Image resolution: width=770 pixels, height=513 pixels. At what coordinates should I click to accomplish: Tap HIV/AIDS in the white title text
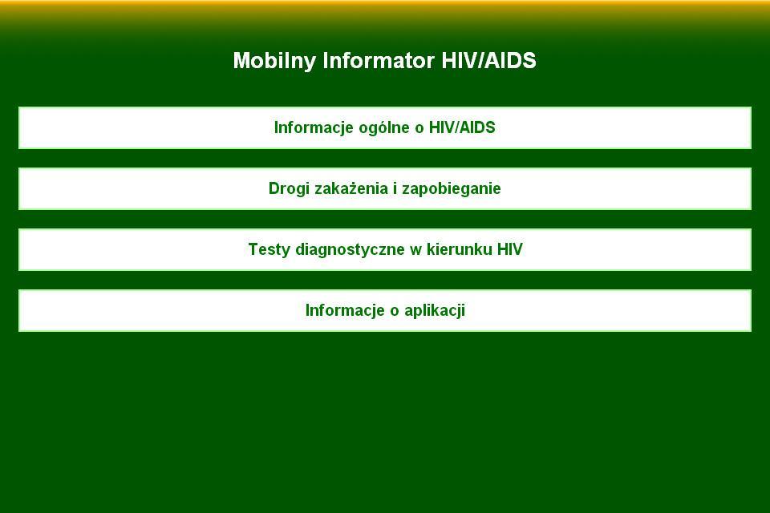click(x=488, y=61)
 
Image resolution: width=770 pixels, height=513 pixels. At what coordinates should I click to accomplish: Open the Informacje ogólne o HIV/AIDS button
click(x=385, y=127)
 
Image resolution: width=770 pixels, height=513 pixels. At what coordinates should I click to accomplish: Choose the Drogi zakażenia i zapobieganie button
click(x=385, y=188)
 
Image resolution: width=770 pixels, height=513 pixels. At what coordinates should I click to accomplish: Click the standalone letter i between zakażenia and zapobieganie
click(x=395, y=188)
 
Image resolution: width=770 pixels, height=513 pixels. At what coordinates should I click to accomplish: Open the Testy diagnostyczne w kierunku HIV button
click(x=385, y=249)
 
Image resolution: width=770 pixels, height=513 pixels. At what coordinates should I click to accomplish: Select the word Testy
click(x=269, y=249)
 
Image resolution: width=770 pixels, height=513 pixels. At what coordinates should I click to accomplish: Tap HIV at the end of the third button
click(x=510, y=249)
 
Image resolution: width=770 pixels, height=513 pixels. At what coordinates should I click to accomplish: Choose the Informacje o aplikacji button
click(x=385, y=310)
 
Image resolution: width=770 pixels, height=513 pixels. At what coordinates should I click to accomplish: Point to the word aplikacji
click(x=435, y=310)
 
